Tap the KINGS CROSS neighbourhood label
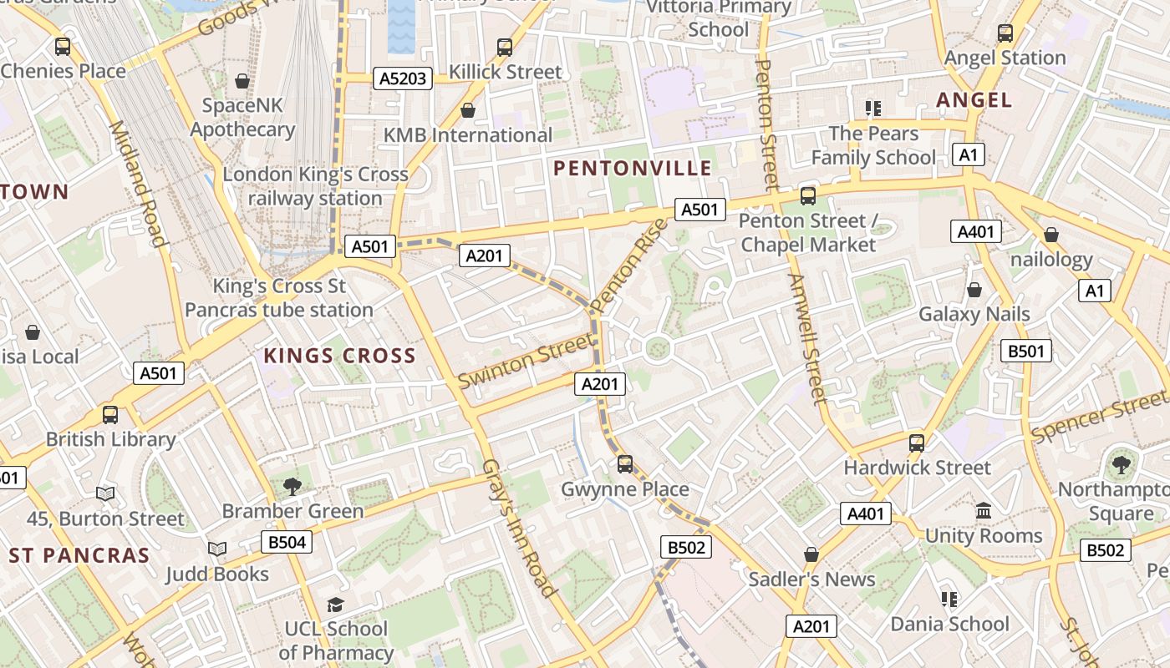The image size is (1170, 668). [x=339, y=356]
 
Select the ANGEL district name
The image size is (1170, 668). [x=974, y=100]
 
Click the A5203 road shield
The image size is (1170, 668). [x=403, y=79]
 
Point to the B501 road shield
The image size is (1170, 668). [x=1025, y=351]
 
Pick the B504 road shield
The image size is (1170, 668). [x=286, y=542]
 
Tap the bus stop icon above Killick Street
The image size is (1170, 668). [x=505, y=48]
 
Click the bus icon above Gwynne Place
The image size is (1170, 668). [x=625, y=464]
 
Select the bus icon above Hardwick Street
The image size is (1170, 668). [x=917, y=443]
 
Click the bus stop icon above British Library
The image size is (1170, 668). [x=109, y=414]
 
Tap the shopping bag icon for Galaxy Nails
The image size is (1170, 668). [x=974, y=290]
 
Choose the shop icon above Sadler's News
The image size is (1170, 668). [x=811, y=554]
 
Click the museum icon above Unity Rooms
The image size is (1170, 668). [x=984, y=510]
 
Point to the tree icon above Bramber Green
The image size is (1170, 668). [x=292, y=486]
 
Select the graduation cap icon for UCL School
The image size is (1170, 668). [x=335, y=604]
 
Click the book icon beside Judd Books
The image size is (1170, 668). [x=217, y=549]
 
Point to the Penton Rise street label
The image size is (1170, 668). [x=629, y=265]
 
